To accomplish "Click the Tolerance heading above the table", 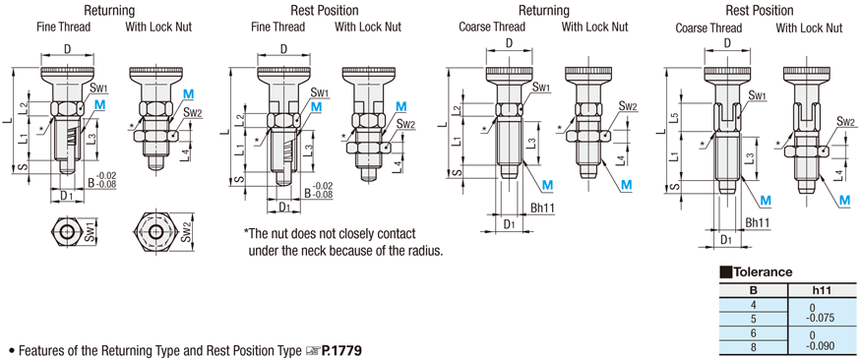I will [761, 272].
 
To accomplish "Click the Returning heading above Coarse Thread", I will [543, 10].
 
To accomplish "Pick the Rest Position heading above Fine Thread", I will [326, 10].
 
